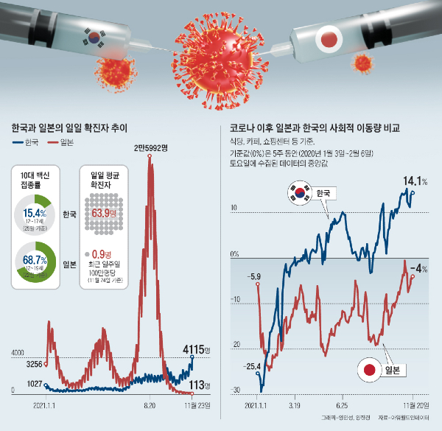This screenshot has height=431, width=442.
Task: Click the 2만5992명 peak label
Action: (151, 148)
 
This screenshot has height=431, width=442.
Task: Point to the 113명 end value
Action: (198, 384)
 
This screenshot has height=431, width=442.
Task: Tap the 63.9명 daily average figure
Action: (105, 214)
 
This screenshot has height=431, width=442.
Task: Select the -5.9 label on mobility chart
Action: (254, 276)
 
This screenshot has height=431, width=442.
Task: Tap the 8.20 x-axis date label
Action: (150, 405)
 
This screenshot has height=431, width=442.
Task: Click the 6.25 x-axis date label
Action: (342, 405)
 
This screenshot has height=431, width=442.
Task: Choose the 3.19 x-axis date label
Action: (298, 405)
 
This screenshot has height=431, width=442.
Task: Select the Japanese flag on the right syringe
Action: (328, 37)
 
